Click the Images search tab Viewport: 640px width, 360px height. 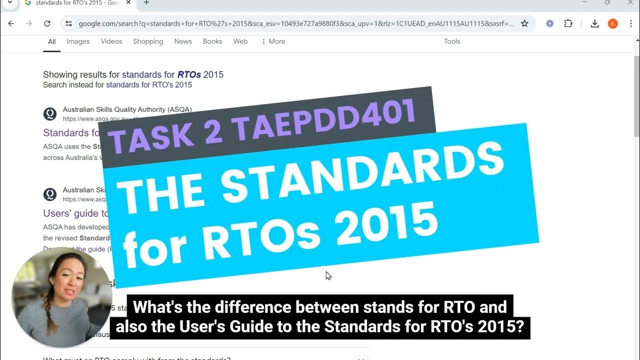point(78,41)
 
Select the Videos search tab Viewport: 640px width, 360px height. point(111,41)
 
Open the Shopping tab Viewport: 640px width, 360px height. point(148,41)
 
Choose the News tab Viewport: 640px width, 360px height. point(183,41)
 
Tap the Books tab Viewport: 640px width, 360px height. point(212,41)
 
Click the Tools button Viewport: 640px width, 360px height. point(451,41)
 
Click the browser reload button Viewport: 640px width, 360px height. point(47,23)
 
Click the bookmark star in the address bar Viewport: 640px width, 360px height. point(524,23)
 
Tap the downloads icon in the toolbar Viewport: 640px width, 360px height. point(594,23)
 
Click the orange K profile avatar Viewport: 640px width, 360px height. point(612,23)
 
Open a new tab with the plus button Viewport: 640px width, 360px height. point(146,3)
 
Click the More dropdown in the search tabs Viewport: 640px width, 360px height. point(273,41)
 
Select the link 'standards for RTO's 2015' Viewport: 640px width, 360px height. point(149,85)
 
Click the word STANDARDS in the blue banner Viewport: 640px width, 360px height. point(362,172)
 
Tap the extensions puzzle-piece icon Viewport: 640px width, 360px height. point(568,23)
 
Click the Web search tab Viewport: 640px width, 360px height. point(240,41)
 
